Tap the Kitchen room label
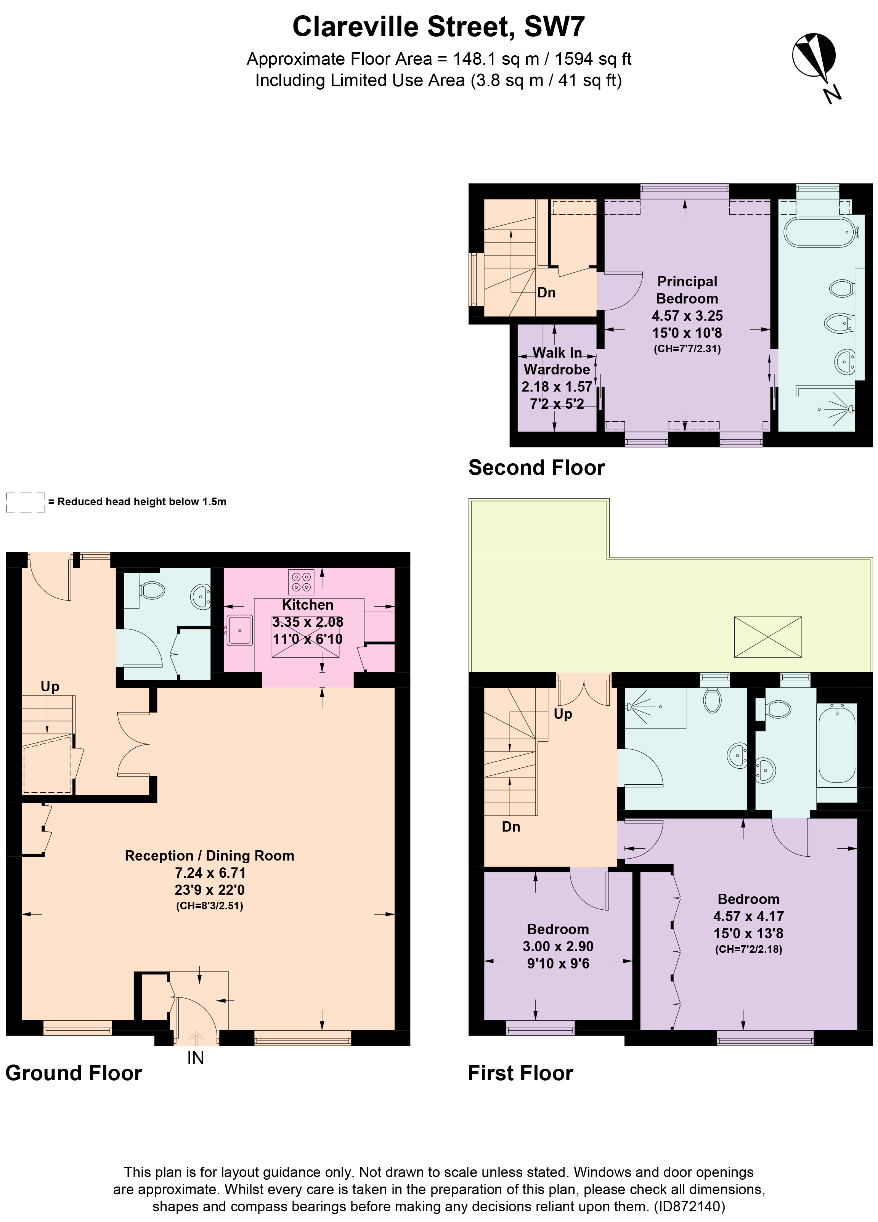[308, 605]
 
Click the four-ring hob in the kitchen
[300, 581]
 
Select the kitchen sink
[240, 630]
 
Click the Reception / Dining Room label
[210, 856]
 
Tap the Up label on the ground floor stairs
[50, 686]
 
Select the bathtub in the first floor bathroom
[836, 744]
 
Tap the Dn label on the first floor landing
[510, 827]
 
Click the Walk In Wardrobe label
[557, 361]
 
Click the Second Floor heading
[536, 468]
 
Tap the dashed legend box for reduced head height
[25, 502]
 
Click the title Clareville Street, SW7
[438, 26]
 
